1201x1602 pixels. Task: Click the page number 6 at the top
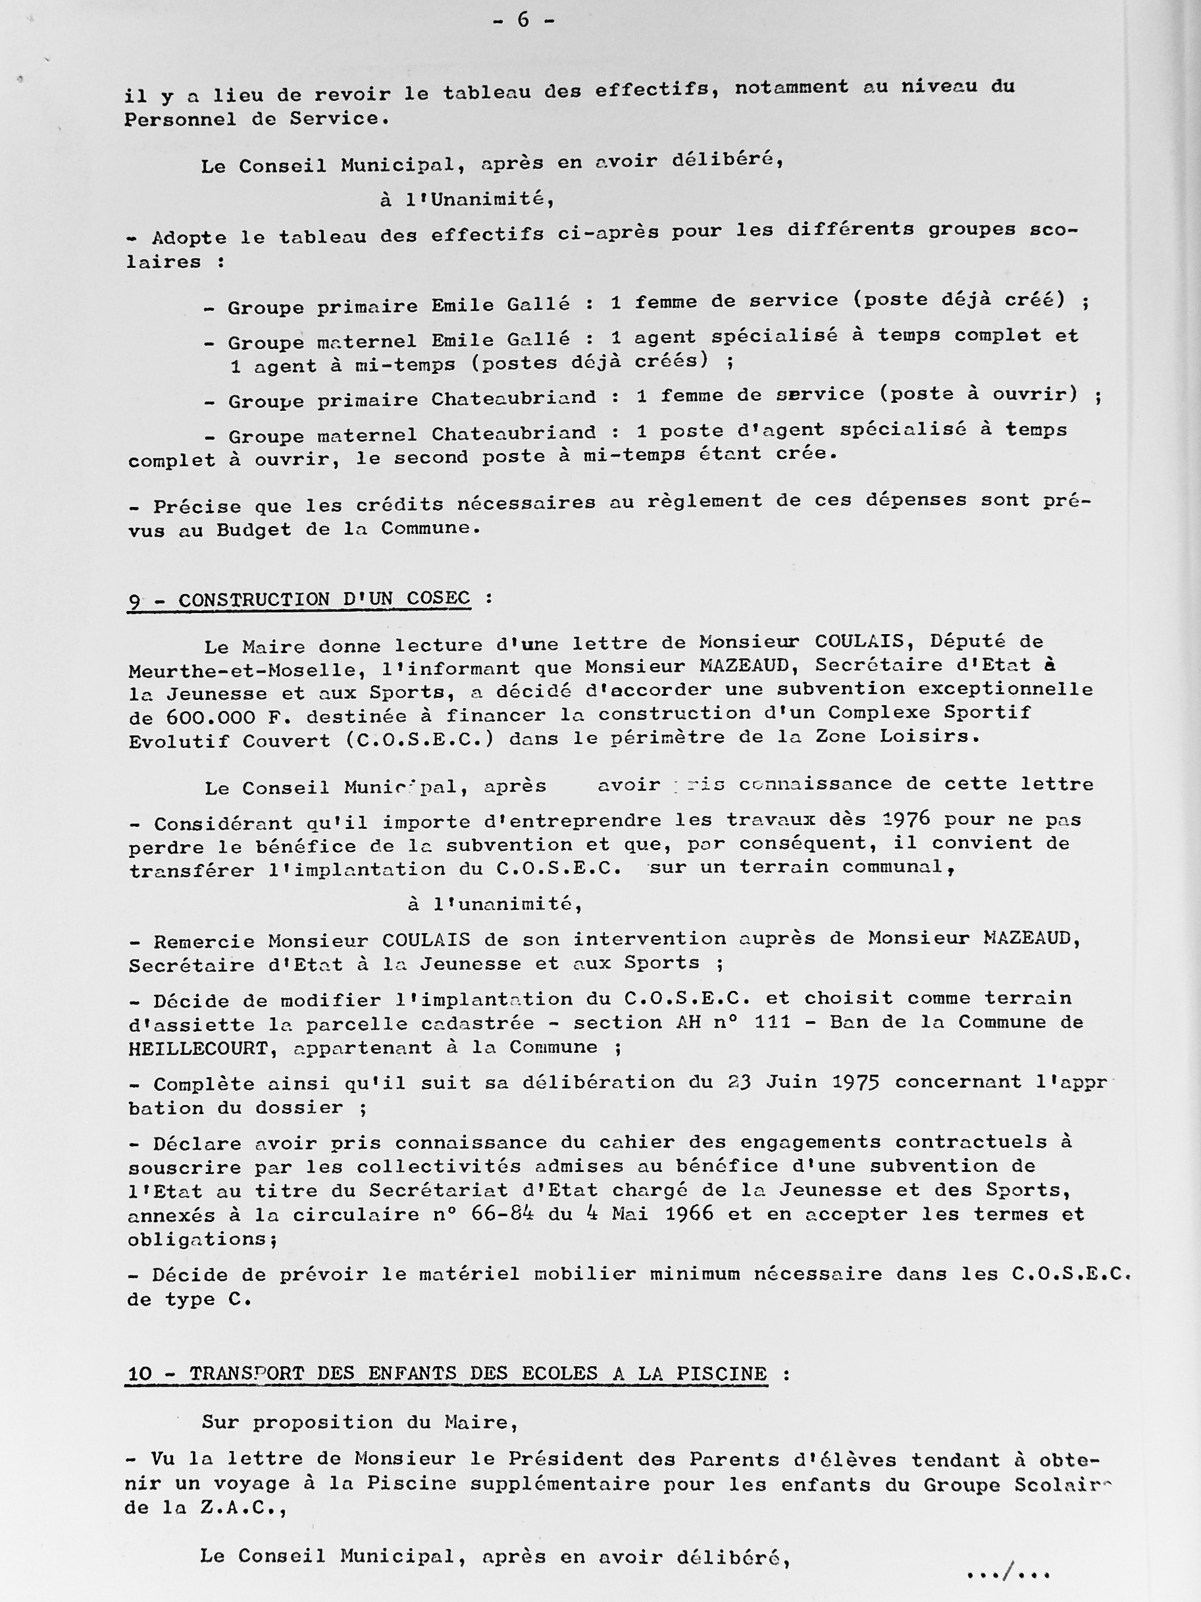point(523,20)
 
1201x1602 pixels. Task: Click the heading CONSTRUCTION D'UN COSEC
point(324,600)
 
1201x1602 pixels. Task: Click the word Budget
point(252,530)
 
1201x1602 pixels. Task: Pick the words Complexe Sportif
point(929,712)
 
